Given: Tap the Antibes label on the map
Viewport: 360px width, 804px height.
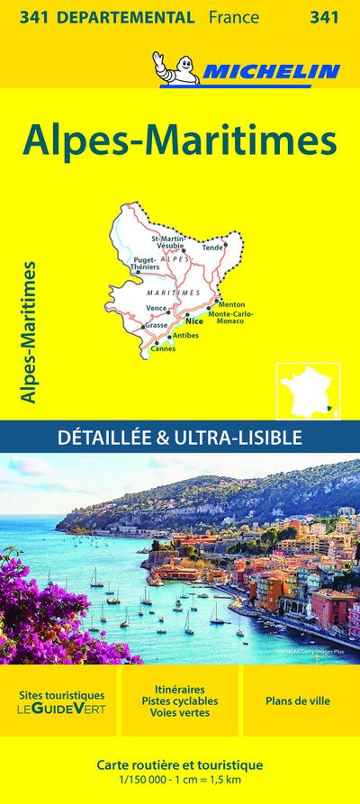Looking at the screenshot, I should [x=184, y=335].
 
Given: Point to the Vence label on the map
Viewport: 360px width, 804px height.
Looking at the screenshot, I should [x=157, y=308].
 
